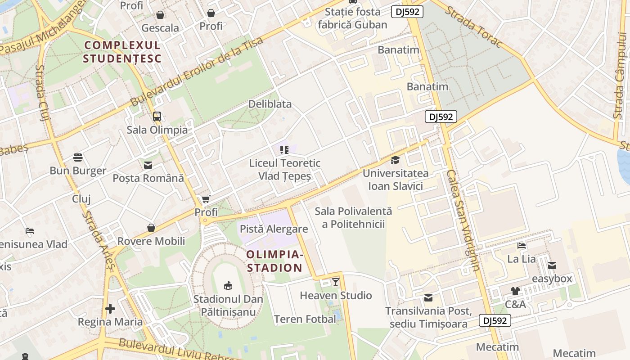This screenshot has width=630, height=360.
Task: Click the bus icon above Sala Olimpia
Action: (x=157, y=117)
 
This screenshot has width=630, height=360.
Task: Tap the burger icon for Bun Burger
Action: (x=78, y=157)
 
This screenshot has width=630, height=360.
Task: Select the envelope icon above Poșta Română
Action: (x=148, y=165)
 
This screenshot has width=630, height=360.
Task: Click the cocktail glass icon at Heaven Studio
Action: (x=336, y=282)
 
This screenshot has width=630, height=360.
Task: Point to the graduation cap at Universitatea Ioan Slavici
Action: (x=395, y=160)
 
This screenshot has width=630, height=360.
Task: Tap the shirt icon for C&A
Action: (x=515, y=291)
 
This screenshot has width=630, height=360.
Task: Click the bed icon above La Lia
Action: (x=522, y=246)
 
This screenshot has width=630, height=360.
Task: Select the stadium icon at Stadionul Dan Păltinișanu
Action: (x=228, y=285)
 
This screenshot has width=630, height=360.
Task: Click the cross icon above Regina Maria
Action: (x=110, y=309)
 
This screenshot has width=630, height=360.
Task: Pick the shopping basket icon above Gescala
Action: (x=160, y=15)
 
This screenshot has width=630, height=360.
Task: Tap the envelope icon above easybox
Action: (x=552, y=265)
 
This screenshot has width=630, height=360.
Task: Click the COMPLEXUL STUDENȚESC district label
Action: (x=122, y=52)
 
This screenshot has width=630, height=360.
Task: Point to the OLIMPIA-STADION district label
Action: (x=275, y=261)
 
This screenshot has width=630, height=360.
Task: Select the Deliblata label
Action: (x=270, y=104)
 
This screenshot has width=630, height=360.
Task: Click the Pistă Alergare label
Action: (x=274, y=229)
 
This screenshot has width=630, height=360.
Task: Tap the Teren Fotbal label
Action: (x=305, y=319)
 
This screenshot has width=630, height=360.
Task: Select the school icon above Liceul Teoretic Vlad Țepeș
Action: (x=284, y=149)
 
